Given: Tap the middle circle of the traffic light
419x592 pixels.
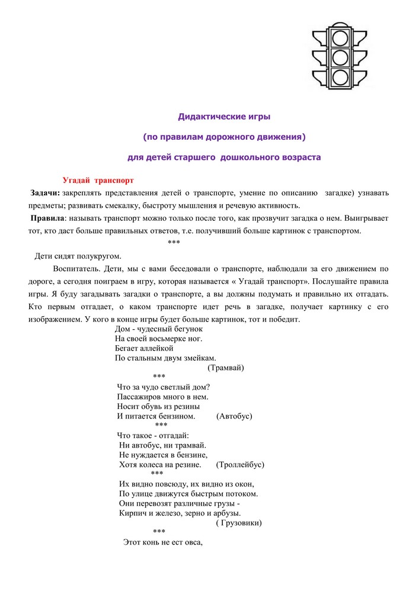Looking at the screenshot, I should click(340, 57).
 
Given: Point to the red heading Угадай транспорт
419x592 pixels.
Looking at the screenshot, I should click(98, 180).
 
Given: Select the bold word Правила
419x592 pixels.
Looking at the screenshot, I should click(47, 218).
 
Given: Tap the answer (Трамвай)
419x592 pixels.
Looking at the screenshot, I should click(226, 368).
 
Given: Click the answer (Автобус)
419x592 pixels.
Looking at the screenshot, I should click(235, 416).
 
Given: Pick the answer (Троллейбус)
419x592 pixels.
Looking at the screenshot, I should click(241, 465).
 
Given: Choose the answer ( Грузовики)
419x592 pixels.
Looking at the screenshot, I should click(239, 523).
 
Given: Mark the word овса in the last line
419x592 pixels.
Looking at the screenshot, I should click(193, 542).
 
